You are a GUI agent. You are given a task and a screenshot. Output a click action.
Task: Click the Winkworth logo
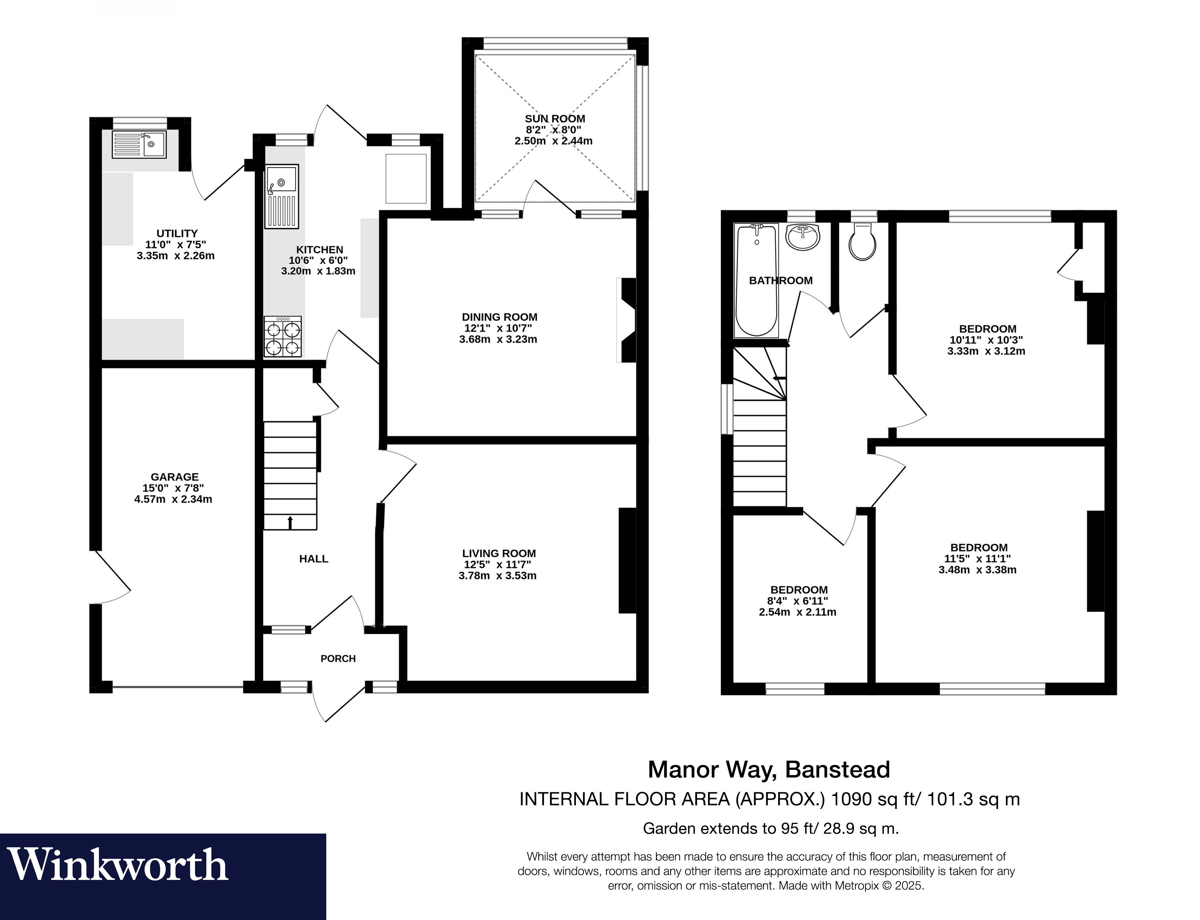coord(118,865)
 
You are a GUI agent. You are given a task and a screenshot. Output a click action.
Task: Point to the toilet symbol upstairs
coord(862,241)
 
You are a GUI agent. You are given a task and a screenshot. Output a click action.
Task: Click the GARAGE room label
coord(175,477)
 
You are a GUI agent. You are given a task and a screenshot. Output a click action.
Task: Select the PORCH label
coord(338,658)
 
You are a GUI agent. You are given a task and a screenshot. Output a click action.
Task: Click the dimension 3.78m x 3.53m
coord(497,575)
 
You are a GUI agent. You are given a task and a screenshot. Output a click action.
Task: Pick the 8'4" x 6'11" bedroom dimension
coord(799,601)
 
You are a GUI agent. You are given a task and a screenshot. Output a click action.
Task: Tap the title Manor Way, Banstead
coord(769,770)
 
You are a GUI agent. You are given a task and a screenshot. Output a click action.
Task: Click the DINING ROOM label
coord(500,317)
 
